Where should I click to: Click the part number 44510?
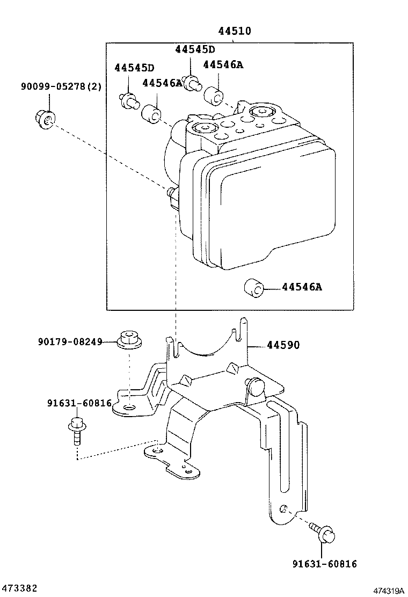235,32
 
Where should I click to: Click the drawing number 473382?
19,588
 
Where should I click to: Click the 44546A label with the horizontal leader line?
302,287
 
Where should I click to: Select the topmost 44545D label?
194,49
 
